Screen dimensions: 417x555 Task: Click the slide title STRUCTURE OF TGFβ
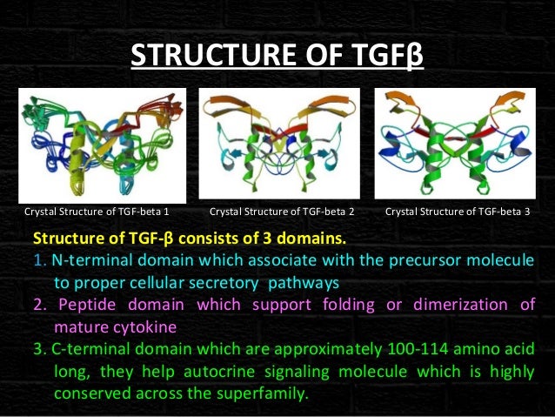(x=277, y=57)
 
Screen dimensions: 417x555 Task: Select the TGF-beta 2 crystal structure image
(x=279, y=144)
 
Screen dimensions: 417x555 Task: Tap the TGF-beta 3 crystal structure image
(x=453, y=144)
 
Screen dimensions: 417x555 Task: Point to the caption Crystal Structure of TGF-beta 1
(x=97, y=212)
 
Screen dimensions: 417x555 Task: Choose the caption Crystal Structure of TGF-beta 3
(x=458, y=212)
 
